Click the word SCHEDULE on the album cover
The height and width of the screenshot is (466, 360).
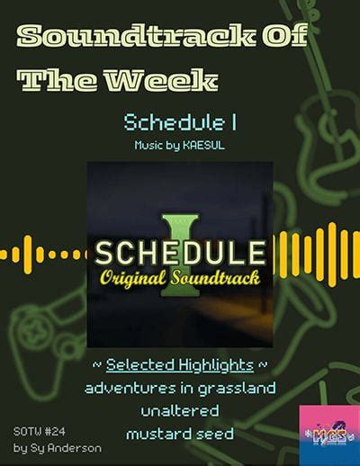(x=181, y=248)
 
